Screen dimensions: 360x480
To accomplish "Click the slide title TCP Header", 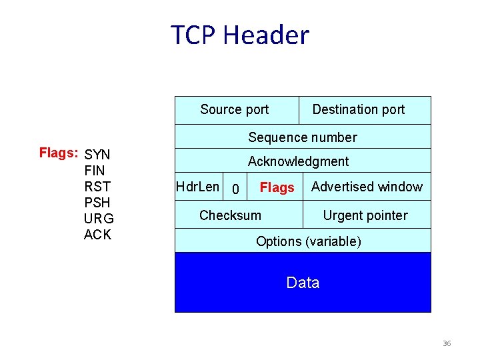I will click(240, 35).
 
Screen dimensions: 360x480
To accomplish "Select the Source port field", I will click(234, 109).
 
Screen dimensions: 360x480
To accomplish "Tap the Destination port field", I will click(358, 109).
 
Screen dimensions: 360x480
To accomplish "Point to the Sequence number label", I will click(303, 137).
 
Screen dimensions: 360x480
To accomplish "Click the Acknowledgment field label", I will click(298, 161).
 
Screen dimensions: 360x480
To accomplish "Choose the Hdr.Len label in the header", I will click(197, 187).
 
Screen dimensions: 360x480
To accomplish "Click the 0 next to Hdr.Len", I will click(235, 190).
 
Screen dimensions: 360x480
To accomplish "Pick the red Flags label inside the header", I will click(277, 188).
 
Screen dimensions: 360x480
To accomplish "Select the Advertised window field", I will click(367, 187).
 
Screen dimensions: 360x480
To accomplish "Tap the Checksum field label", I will click(230, 215).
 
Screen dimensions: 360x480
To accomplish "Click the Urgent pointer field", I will click(365, 215).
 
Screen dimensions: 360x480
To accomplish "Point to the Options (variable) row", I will click(308, 241).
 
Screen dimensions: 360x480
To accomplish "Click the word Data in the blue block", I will click(303, 283).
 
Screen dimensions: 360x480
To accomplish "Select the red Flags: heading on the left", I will click(59, 153).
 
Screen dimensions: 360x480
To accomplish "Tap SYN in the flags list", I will click(97, 155).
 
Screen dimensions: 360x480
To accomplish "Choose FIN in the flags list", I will click(95, 171).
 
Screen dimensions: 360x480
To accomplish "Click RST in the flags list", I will click(97, 187).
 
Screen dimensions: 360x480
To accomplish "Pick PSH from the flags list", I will click(97, 203).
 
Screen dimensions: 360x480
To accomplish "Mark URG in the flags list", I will click(99, 219).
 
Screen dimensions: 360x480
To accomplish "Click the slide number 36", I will click(447, 343).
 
